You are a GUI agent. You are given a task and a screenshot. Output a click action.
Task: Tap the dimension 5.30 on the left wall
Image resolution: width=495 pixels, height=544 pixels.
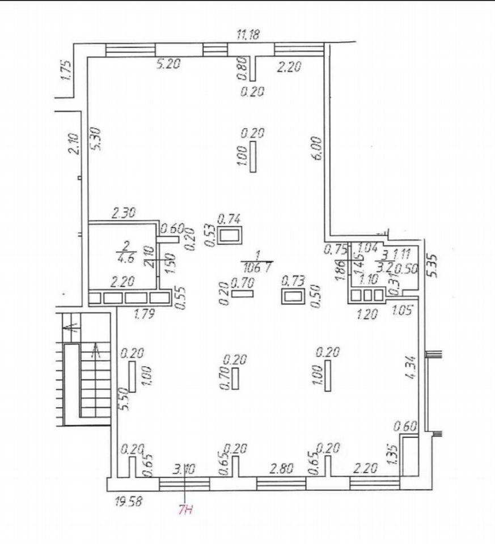(96, 138)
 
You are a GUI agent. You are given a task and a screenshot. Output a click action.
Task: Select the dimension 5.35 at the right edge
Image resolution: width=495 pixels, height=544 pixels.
(434, 264)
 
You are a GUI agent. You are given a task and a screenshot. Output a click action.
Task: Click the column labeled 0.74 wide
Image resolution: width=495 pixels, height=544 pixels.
(230, 235)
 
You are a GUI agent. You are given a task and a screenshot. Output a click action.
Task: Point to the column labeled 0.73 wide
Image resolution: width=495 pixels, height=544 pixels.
(293, 295)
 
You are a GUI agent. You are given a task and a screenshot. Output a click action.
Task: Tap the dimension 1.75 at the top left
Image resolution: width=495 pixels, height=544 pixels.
(65, 71)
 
